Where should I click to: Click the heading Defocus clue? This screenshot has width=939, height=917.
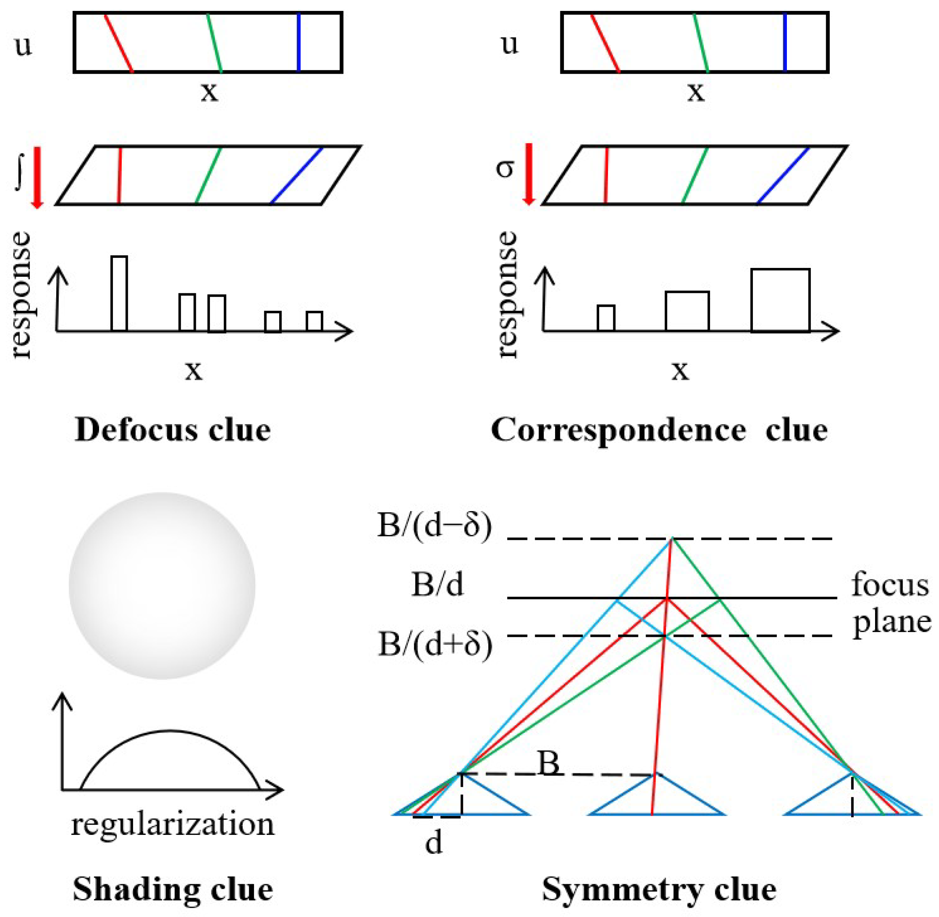point(172,430)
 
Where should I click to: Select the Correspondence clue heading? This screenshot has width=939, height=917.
point(659,430)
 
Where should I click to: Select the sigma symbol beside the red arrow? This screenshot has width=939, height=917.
point(504,169)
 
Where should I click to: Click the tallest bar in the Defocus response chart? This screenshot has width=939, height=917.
point(119,293)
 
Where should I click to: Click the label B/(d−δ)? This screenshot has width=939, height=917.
point(435,526)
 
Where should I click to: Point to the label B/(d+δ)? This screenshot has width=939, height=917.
point(435,644)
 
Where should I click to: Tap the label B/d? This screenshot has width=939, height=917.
point(437,585)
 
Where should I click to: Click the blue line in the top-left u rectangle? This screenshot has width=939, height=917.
point(299,42)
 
